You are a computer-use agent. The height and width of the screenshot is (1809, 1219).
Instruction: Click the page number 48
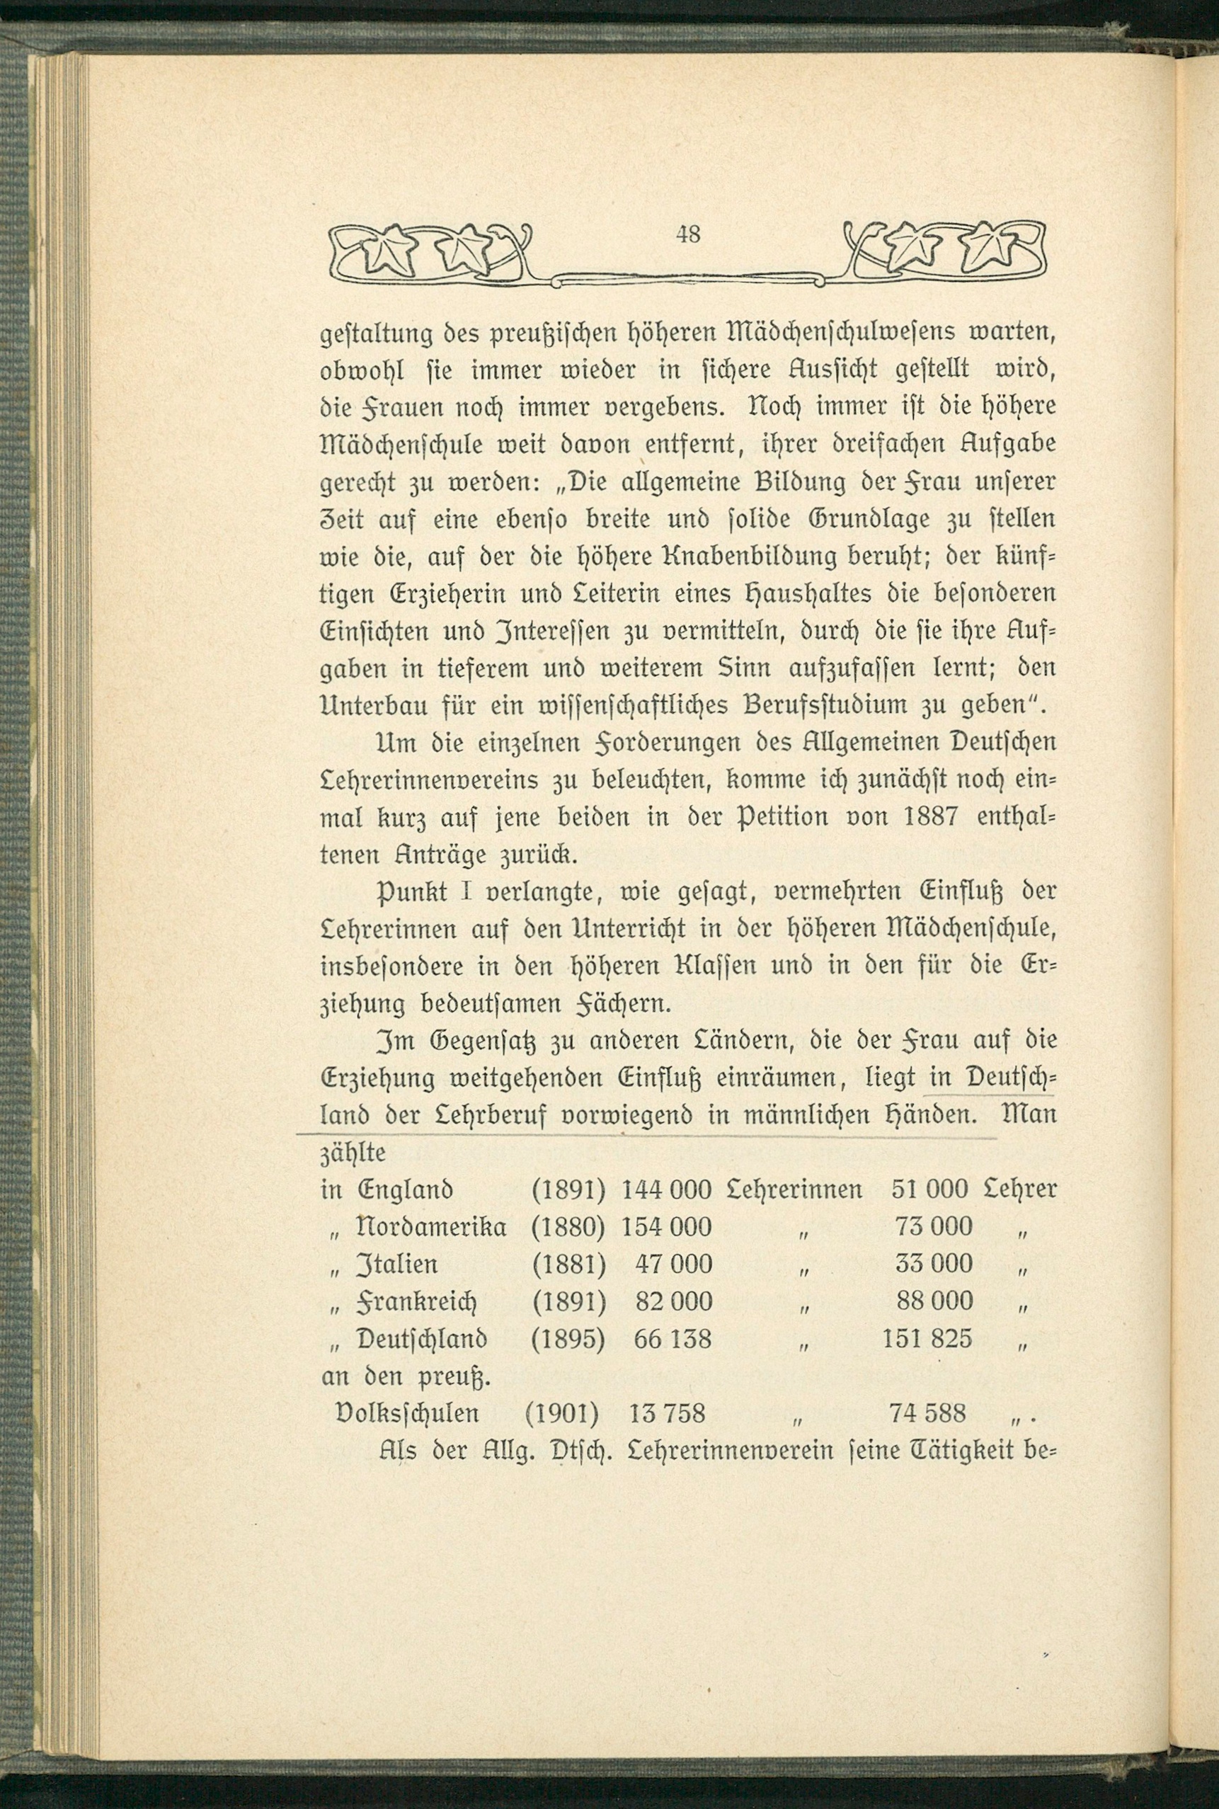pyautogui.click(x=689, y=234)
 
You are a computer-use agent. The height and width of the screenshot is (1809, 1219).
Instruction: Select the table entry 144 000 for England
pyautogui.click(x=666, y=1189)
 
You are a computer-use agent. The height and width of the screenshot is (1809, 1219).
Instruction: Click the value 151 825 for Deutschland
pyautogui.click(x=927, y=1339)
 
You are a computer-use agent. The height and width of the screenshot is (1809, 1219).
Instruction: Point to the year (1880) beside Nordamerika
pyautogui.click(x=568, y=1227)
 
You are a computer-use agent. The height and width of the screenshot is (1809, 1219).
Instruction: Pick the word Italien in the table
pyautogui.click(x=396, y=1264)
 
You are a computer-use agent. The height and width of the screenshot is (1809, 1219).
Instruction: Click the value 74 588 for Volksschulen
pyautogui.click(x=927, y=1413)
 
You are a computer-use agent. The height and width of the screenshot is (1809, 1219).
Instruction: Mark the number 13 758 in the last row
pyautogui.click(x=666, y=1413)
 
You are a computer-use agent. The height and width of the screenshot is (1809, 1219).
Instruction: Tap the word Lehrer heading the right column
pyautogui.click(x=1020, y=1189)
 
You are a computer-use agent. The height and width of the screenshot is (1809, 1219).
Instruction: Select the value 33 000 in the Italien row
pyautogui.click(x=933, y=1263)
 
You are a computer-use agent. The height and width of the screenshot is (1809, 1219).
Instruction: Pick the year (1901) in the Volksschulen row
pyautogui.click(x=561, y=1413)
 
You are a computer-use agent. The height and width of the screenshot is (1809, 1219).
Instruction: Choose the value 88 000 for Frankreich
pyautogui.click(x=933, y=1301)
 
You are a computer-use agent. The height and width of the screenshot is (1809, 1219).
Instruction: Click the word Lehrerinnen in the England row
pyautogui.click(x=794, y=1189)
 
